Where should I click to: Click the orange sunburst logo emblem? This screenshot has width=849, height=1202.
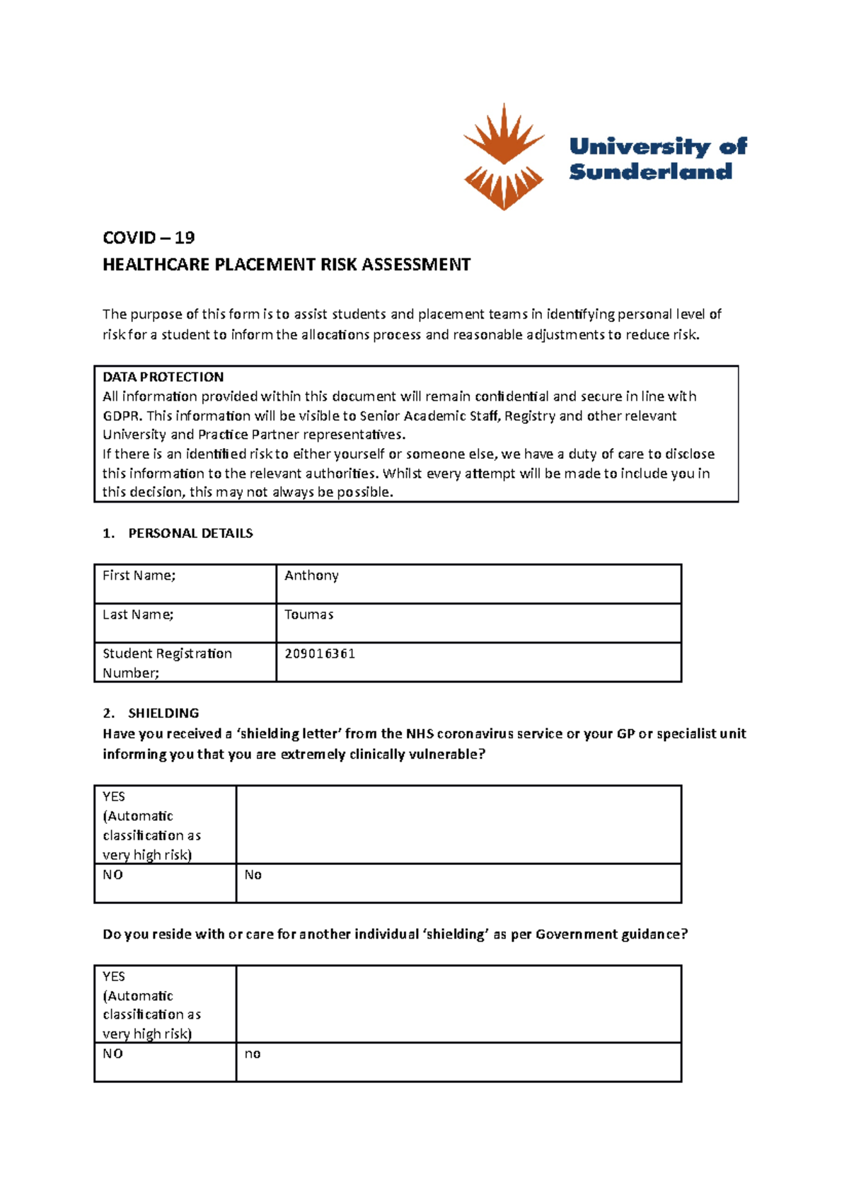tap(503, 157)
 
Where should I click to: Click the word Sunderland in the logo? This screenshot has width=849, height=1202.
tap(650, 172)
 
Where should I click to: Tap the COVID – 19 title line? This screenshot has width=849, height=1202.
tap(149, 237)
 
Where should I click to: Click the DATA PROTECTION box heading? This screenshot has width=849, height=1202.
tap(163, 377)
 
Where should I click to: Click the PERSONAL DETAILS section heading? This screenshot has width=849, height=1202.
tap(190, 533)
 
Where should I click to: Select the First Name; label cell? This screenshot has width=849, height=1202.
tap(139, 576)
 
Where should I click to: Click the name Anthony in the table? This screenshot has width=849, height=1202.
tap(311, 576)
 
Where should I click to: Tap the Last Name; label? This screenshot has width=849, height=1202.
tap(138, 614)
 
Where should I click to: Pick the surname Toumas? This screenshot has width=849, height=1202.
tap(308, 614)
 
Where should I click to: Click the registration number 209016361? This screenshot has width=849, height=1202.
tap(320, 653)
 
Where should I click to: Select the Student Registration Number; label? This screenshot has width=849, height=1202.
tap(167, 663)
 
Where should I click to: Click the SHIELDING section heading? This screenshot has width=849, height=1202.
tap(163, 713)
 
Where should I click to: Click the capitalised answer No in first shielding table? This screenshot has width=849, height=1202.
tap(253, 875)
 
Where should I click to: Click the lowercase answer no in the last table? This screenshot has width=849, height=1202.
tap(253, 1054)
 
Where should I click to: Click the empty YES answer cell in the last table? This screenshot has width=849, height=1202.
tap(458, 1004)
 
